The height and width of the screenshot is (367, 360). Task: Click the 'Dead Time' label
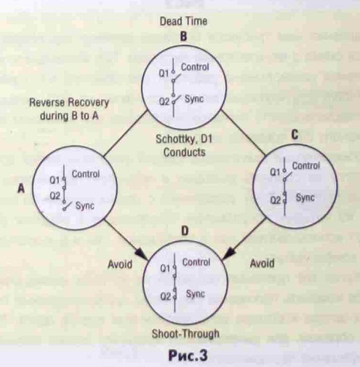coord(183,21)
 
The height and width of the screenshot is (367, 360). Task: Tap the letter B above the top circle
coord(183,37)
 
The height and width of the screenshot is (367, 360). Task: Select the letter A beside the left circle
coord(21,189)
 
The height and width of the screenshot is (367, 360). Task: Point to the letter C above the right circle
coord(295,135)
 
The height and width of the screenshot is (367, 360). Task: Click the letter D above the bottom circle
coord(185,231)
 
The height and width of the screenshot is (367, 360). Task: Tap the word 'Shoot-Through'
coord(185,334)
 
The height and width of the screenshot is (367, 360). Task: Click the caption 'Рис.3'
coord(188,355)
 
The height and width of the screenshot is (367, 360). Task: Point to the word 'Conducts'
coord(184,152)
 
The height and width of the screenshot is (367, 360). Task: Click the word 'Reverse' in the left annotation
coord(47,103)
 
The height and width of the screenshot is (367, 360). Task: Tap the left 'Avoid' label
coord(120,264)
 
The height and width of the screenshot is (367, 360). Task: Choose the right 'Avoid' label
coord(262,264)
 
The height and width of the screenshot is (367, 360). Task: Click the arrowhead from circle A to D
coord(143,255)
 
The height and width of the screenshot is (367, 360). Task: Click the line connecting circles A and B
coord(125,133)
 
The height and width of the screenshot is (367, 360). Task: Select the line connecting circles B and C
coord(244,133)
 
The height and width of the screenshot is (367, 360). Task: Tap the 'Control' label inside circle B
coord(195,67)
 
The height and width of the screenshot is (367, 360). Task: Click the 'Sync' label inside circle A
coord(85,206)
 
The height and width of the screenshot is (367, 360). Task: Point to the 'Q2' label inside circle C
coord(276,200)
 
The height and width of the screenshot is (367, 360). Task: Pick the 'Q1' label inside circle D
coord(166,269)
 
